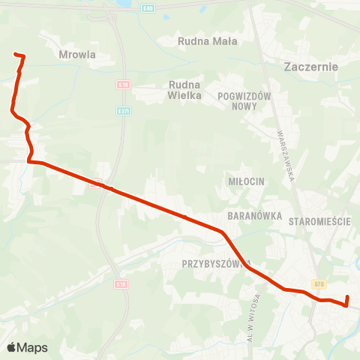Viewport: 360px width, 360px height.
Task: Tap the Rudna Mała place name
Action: pos(208,42)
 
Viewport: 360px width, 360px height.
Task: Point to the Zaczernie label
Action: pos(312,66)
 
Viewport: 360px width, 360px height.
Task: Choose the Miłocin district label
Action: pos(244,181)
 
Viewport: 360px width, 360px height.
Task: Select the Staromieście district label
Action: pos(319,221)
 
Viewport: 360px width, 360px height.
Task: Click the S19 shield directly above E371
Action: pos(124,85)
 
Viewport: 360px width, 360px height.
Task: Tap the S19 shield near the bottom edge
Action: pos(121,283)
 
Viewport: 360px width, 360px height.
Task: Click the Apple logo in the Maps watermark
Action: pos(11,347)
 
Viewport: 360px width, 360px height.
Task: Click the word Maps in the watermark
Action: pos(33,347)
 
